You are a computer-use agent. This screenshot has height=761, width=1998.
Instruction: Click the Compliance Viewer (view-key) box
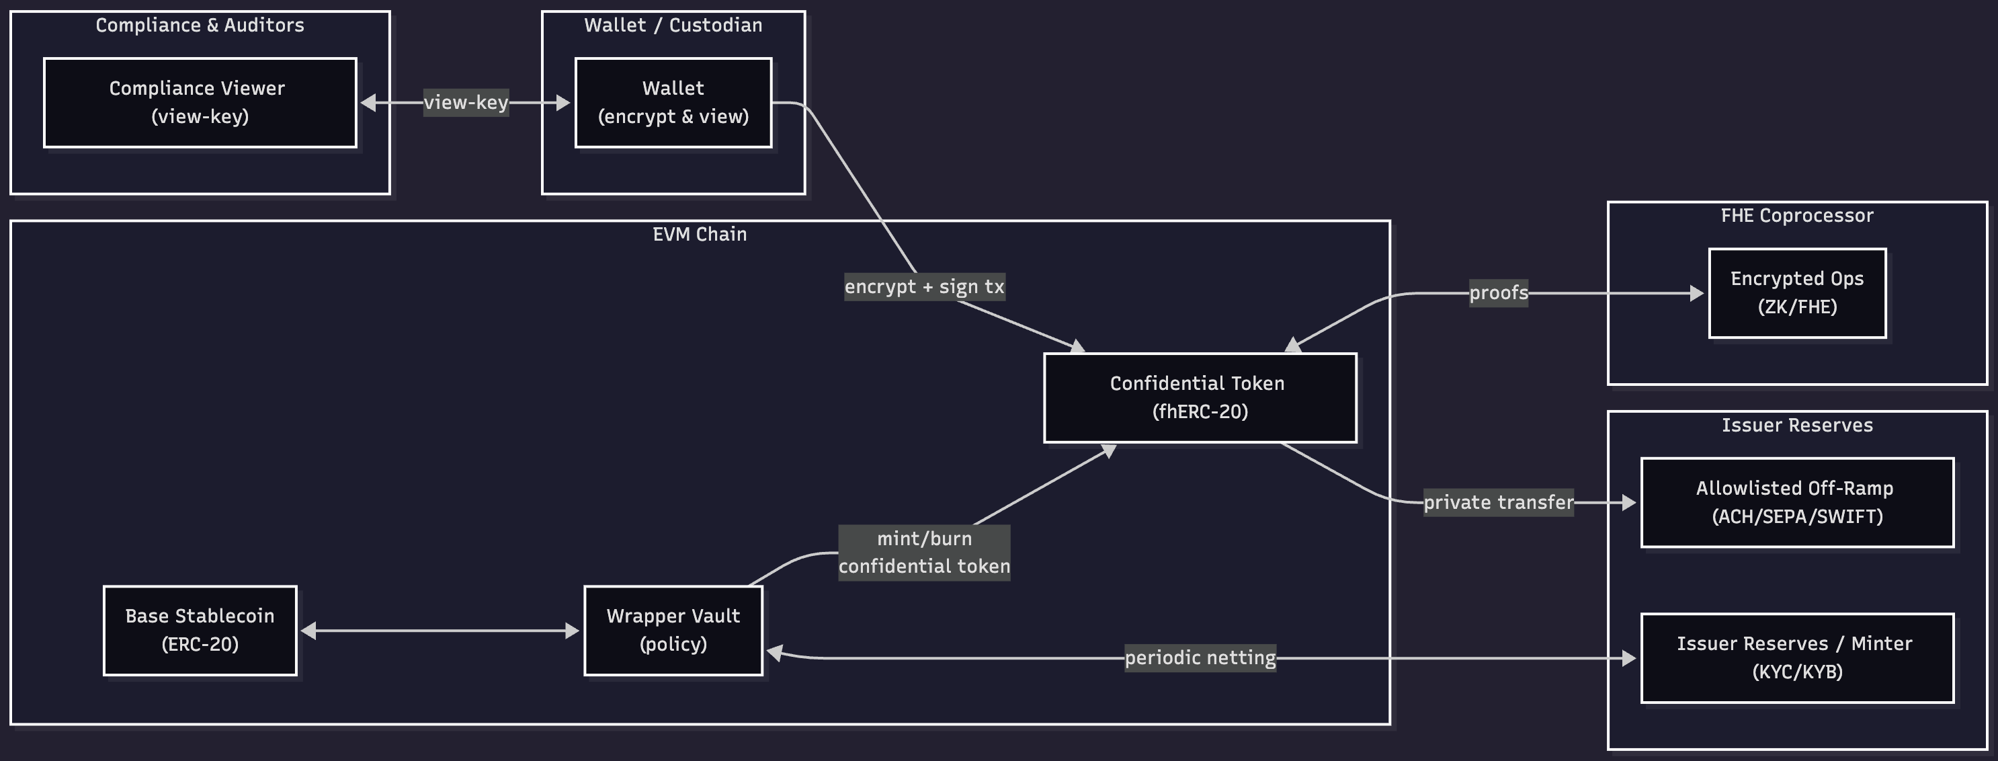200,102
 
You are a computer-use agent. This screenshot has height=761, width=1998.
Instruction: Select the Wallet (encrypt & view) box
673,102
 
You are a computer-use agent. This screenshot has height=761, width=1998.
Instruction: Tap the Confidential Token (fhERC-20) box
1199,397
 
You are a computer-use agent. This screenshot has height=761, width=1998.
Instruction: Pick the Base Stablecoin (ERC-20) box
200,630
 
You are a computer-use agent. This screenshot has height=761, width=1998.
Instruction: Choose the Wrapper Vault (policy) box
673,630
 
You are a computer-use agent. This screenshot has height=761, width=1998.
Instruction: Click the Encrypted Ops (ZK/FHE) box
1796,292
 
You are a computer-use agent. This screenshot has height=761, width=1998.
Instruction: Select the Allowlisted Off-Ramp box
1796,502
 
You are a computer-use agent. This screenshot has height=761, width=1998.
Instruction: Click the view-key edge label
465,102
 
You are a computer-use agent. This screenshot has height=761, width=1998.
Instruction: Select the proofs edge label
1498,292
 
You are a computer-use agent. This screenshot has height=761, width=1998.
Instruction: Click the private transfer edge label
1498,502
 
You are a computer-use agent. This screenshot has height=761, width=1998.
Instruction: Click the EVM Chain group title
699,234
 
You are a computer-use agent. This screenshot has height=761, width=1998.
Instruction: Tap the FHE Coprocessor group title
1796,216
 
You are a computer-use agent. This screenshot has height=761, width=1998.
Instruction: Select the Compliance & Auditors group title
200,25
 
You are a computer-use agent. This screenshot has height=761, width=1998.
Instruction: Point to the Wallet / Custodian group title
673,25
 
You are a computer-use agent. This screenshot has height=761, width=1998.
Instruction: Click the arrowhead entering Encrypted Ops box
1697,293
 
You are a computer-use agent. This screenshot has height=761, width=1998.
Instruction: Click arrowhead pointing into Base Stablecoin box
308,631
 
